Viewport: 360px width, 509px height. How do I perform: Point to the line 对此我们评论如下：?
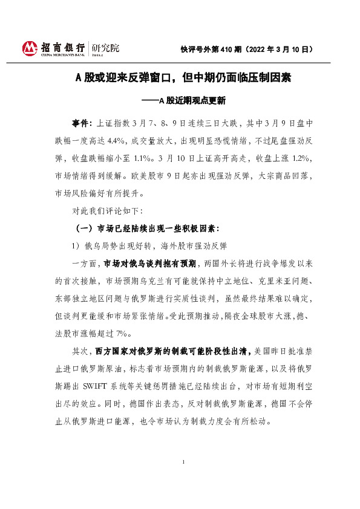coord(107,211)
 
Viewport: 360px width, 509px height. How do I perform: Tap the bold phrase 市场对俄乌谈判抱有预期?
coord(150,264)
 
